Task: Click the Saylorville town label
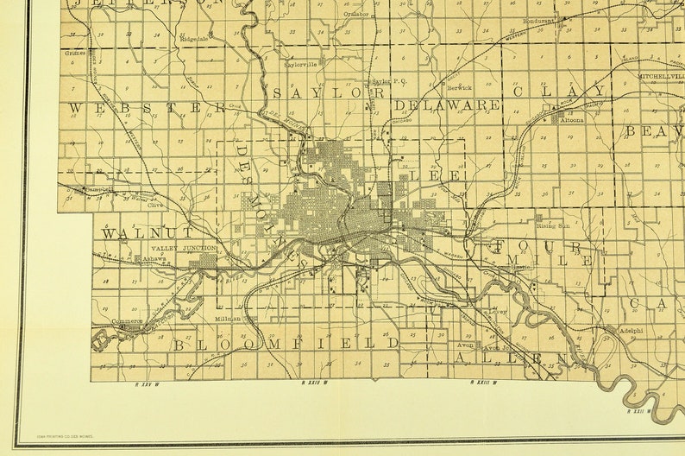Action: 300,63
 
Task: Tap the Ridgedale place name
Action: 194,39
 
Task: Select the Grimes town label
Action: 74,53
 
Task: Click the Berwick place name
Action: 460,87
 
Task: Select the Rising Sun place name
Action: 554,226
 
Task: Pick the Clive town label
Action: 155,206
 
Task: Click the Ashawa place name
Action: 155,258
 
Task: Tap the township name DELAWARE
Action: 448,104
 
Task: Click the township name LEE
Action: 425,174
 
